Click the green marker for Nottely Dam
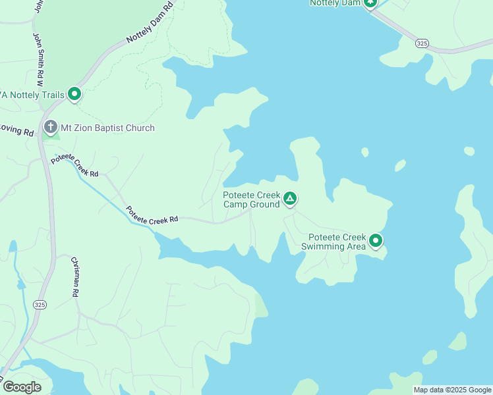tap(370, 3)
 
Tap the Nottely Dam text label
tap(335, 3)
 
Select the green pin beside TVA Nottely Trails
tap(74, 95)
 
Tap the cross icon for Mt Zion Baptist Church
tap(51, 127)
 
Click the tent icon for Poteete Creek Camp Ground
tap(289, 198)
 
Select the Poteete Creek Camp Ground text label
tap(252, 199)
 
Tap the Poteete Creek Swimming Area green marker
tap(376, 241)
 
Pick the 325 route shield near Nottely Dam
tap(422, 43)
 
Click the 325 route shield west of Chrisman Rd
tap(40, 304)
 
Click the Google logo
tap(22, 387)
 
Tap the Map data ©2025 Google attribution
tap(452, 390)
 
